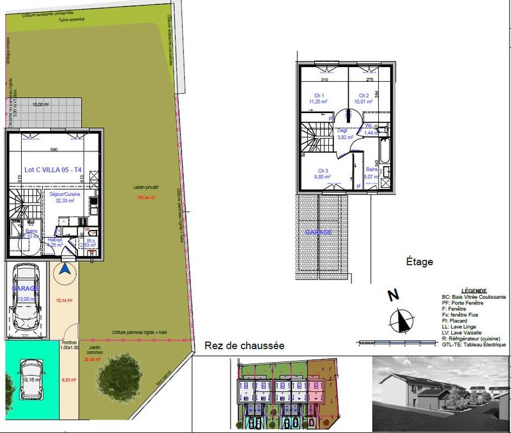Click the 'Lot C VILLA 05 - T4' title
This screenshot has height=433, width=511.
click(52, 170)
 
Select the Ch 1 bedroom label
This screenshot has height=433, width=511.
click(317, 98)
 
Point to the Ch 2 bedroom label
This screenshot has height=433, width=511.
click(363, 98)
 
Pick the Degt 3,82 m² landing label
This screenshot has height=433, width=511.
click(346, 133)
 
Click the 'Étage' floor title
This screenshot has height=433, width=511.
click(420, 262)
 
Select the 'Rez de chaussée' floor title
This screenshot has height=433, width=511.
click(244, 346)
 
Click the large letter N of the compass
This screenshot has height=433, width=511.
click(393, 296)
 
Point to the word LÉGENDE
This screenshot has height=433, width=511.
click(473, 290)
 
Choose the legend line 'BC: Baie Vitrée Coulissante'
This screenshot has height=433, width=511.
click(473, 298)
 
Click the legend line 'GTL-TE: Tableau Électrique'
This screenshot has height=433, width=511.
click(473, 345)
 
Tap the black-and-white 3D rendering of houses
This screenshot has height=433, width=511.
click(441, 391)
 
